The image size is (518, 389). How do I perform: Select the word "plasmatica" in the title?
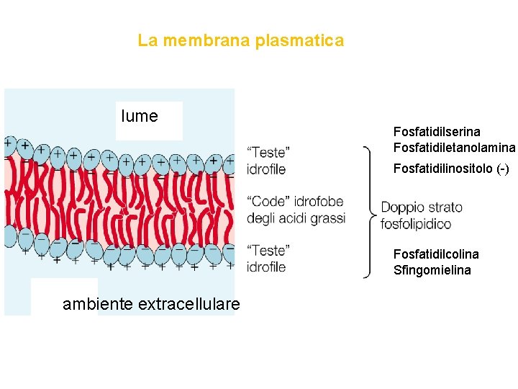tap(300, 41)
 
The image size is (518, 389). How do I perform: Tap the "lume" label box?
tap(140, 117)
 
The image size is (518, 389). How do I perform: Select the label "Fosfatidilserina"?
tap(437, 132)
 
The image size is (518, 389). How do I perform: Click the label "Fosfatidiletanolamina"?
tap(454, 148)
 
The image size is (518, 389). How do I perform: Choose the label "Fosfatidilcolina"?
tap(436, 254)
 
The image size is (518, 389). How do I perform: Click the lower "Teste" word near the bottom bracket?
tap(268, 251)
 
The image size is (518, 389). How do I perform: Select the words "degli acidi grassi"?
tap(296, 218)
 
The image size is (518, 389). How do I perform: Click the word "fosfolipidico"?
tap(416, 224)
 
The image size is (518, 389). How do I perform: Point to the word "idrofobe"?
tap(320, 202)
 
